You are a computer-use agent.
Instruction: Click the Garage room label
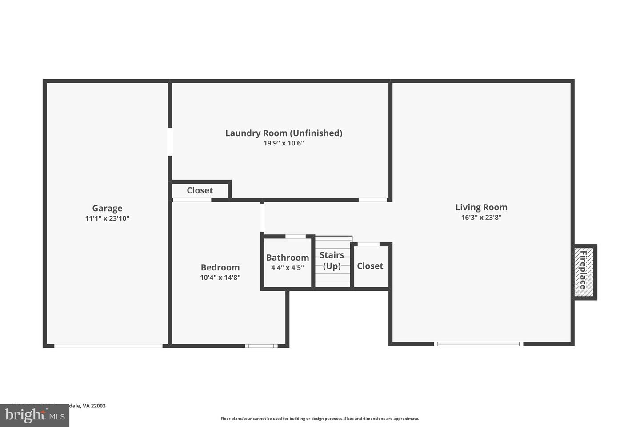(107, 208)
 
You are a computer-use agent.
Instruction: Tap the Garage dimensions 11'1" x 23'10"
(107, 218)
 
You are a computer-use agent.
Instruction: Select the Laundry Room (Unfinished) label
(284, 133)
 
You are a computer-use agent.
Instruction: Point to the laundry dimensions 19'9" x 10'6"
(284, 143)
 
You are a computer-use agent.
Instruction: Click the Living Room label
(481, 207)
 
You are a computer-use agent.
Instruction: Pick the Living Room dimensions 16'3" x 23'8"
(481, 218)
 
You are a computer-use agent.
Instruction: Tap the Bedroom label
(220, 267)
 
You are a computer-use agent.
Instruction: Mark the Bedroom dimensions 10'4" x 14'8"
(220, 278)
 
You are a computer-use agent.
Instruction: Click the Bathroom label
(288, 258)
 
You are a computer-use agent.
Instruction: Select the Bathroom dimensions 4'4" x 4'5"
(288, 268)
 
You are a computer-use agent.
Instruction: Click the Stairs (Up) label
(332, 261)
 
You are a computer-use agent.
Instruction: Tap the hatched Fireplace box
(584, 272)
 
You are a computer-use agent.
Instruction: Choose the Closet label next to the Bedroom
(200, 190)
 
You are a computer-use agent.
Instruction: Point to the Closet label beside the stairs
(370, 266)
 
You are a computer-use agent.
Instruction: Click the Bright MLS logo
(34, 416)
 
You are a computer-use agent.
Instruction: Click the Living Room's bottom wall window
(478, 344)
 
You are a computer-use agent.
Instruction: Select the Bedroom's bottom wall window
(261, 346)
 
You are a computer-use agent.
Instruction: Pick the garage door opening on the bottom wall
(108, 346)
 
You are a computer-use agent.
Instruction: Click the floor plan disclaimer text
(320, 419)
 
